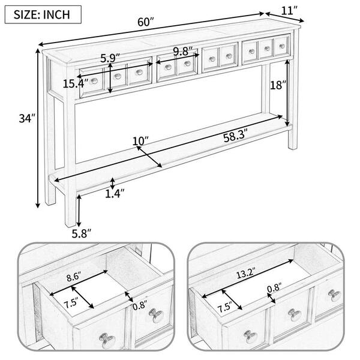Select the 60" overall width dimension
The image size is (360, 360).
(x=145, y=22)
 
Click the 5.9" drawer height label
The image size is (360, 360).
(x=110, y=58)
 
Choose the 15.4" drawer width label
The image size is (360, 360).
(x=74, y=83)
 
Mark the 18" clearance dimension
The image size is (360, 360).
(x=278, y=85)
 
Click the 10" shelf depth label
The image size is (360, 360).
(x=140, y=141)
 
